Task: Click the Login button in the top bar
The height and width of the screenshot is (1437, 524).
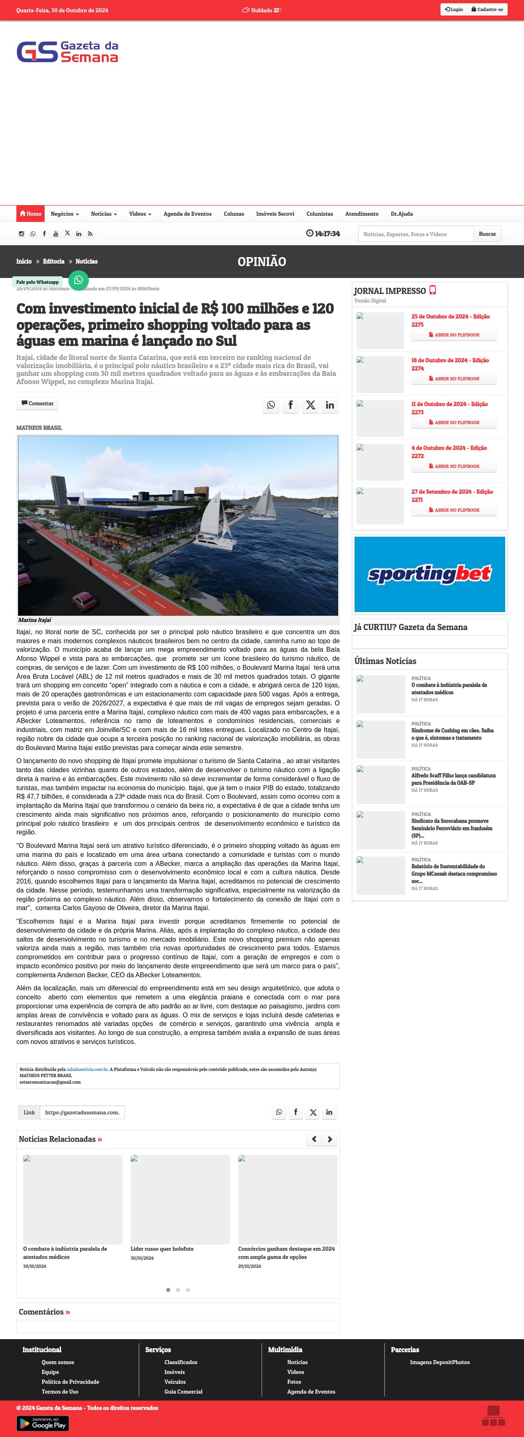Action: (x=454, y=9)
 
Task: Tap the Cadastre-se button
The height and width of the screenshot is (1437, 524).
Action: (x=487, y=9)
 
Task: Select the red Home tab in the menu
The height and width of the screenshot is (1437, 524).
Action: (x=30, y=214)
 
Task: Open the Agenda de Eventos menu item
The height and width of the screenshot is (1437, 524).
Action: (x=187, y=214)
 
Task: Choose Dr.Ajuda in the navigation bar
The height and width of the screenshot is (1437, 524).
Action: (x=401, y=214)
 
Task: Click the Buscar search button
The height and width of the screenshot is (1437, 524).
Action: (x=487, y=234)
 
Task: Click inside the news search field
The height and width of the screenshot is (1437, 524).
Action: (x=416, y=234)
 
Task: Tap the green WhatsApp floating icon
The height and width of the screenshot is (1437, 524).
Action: (x=78, y=280)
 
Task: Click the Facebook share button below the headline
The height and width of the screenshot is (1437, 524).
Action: (x=290, y=405)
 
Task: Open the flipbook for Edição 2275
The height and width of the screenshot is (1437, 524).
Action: (x=454, y=335)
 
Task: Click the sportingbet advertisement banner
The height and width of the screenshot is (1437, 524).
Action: (x=429, y=574)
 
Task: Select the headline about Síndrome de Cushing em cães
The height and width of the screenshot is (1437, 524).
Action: (x=452, y=734)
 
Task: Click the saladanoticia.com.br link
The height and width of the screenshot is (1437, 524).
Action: (x=87, y=1069)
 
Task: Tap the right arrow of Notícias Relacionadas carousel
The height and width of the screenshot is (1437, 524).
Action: (x=330, y=1139)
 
